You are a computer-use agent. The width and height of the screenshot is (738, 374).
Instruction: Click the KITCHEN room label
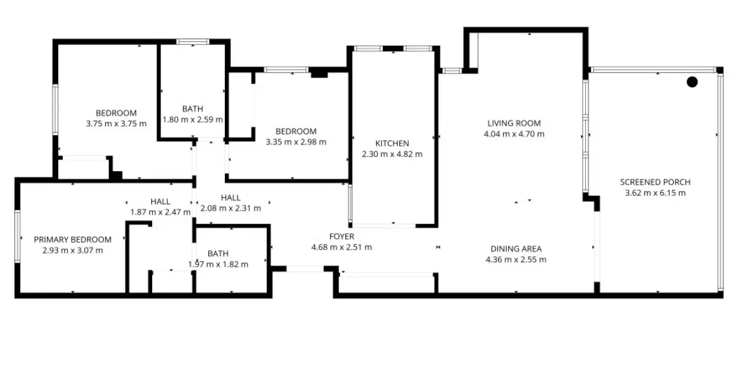391,143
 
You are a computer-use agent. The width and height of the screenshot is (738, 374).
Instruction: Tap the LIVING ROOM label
514,123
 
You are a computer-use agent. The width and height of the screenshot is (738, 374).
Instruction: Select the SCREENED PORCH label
655,183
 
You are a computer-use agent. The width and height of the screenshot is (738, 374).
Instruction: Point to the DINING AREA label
516,248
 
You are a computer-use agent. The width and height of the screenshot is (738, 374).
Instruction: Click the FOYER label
341,236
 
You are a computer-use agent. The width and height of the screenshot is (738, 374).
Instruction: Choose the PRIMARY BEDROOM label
72,240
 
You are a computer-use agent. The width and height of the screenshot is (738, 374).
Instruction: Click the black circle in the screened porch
692,82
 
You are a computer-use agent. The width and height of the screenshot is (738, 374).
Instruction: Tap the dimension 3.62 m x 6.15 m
655,193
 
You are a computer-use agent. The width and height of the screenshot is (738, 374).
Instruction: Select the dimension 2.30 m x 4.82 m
391,154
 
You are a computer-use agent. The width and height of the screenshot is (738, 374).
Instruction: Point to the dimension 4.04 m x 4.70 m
514,134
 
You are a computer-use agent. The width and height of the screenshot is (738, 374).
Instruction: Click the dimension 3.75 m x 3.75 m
116,124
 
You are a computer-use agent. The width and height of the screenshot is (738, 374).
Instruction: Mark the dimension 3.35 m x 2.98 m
296,142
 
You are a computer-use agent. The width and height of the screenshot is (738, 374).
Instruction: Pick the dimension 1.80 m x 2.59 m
193,119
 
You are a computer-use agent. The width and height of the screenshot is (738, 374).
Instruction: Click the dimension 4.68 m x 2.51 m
341,247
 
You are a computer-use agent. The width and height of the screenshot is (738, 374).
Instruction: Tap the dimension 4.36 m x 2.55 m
516,259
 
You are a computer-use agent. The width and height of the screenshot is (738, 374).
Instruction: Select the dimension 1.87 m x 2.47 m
160,212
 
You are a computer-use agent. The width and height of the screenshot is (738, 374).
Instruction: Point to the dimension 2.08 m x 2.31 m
230,208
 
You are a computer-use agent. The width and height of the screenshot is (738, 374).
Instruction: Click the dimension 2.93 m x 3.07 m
72,250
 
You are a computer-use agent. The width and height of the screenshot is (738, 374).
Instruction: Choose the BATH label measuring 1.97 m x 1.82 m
218,253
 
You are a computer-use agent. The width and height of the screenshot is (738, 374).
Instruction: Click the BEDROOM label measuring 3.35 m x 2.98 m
296,131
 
